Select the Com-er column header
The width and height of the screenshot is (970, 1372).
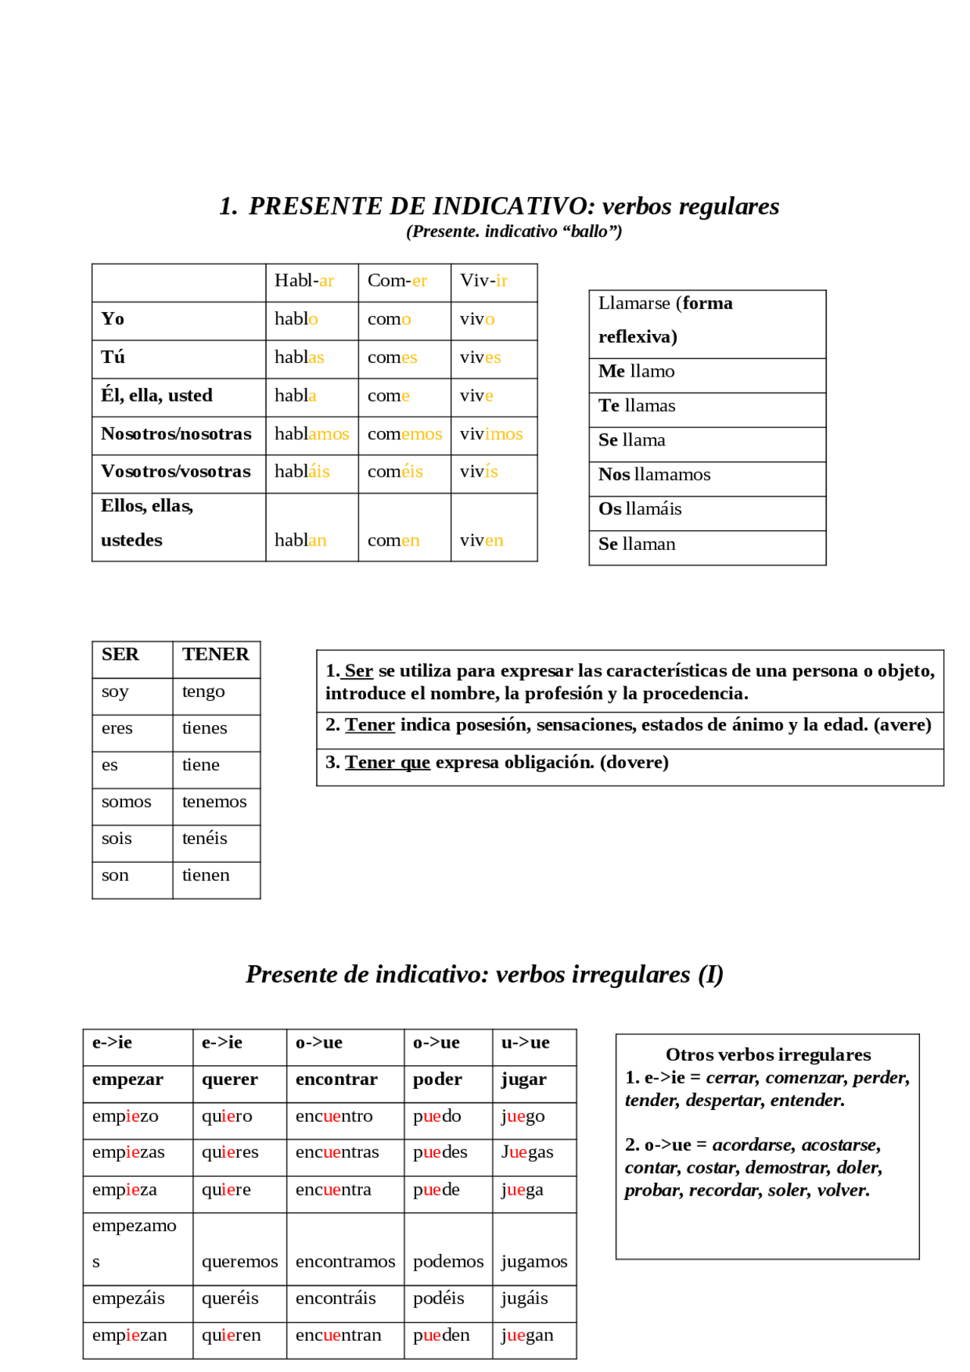click(x=398, y=281)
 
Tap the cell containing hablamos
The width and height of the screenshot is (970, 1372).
click(x=311, y=434)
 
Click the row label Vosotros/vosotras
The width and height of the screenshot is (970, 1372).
click(x=176, y=472)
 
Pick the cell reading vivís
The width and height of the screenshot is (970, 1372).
click(x=479, y=472)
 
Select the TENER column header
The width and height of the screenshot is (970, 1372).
click(x=215, y=655)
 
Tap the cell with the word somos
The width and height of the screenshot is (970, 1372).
click(x=127, y=802)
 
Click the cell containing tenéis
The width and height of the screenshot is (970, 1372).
click(x=205, y=839)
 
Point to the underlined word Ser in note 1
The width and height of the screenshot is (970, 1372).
click(x=358, y=671)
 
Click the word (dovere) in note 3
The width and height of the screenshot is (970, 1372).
click(x=634, y=762)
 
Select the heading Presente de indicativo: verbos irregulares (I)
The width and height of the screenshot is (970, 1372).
click(x=484, y=974)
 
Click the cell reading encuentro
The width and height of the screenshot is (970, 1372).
click(x=334, y=1117)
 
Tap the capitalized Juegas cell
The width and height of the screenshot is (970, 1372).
click(x=527, y=1153)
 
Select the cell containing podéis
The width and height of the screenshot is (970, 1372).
click(x=439, y=1299)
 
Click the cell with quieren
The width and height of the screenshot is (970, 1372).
click(x=231, y=1336)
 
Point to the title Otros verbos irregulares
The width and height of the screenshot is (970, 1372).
click(x=768, y=1055)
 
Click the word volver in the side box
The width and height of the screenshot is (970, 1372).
click(x=843, y=1190)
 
